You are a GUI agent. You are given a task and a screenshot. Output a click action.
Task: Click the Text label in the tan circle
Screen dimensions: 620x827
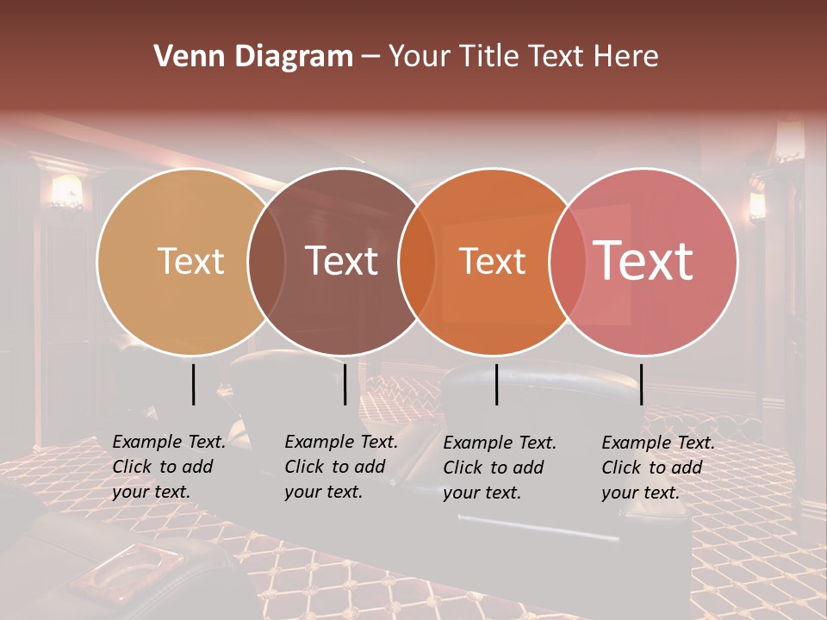190,261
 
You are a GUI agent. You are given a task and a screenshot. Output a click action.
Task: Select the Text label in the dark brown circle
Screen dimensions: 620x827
342,261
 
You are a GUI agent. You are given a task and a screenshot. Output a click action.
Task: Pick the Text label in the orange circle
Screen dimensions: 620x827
492,261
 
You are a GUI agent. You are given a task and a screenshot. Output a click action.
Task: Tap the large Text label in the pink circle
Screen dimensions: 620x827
644,261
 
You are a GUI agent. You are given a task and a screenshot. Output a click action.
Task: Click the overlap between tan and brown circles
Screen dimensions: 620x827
266,261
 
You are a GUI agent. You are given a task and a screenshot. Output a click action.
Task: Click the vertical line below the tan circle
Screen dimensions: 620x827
194,384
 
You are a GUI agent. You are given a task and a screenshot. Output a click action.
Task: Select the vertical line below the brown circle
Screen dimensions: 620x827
345,384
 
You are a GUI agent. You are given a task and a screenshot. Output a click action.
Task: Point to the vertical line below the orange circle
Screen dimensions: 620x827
497,384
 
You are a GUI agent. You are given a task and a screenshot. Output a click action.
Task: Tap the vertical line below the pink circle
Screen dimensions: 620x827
641,384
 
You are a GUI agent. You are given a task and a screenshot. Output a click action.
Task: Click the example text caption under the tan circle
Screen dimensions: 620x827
169,467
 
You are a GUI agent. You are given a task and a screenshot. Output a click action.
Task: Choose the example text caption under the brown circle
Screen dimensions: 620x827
341,467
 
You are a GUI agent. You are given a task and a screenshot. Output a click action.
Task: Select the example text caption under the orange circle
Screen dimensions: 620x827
500,468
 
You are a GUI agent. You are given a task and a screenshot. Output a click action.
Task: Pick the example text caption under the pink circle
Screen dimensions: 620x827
658,468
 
